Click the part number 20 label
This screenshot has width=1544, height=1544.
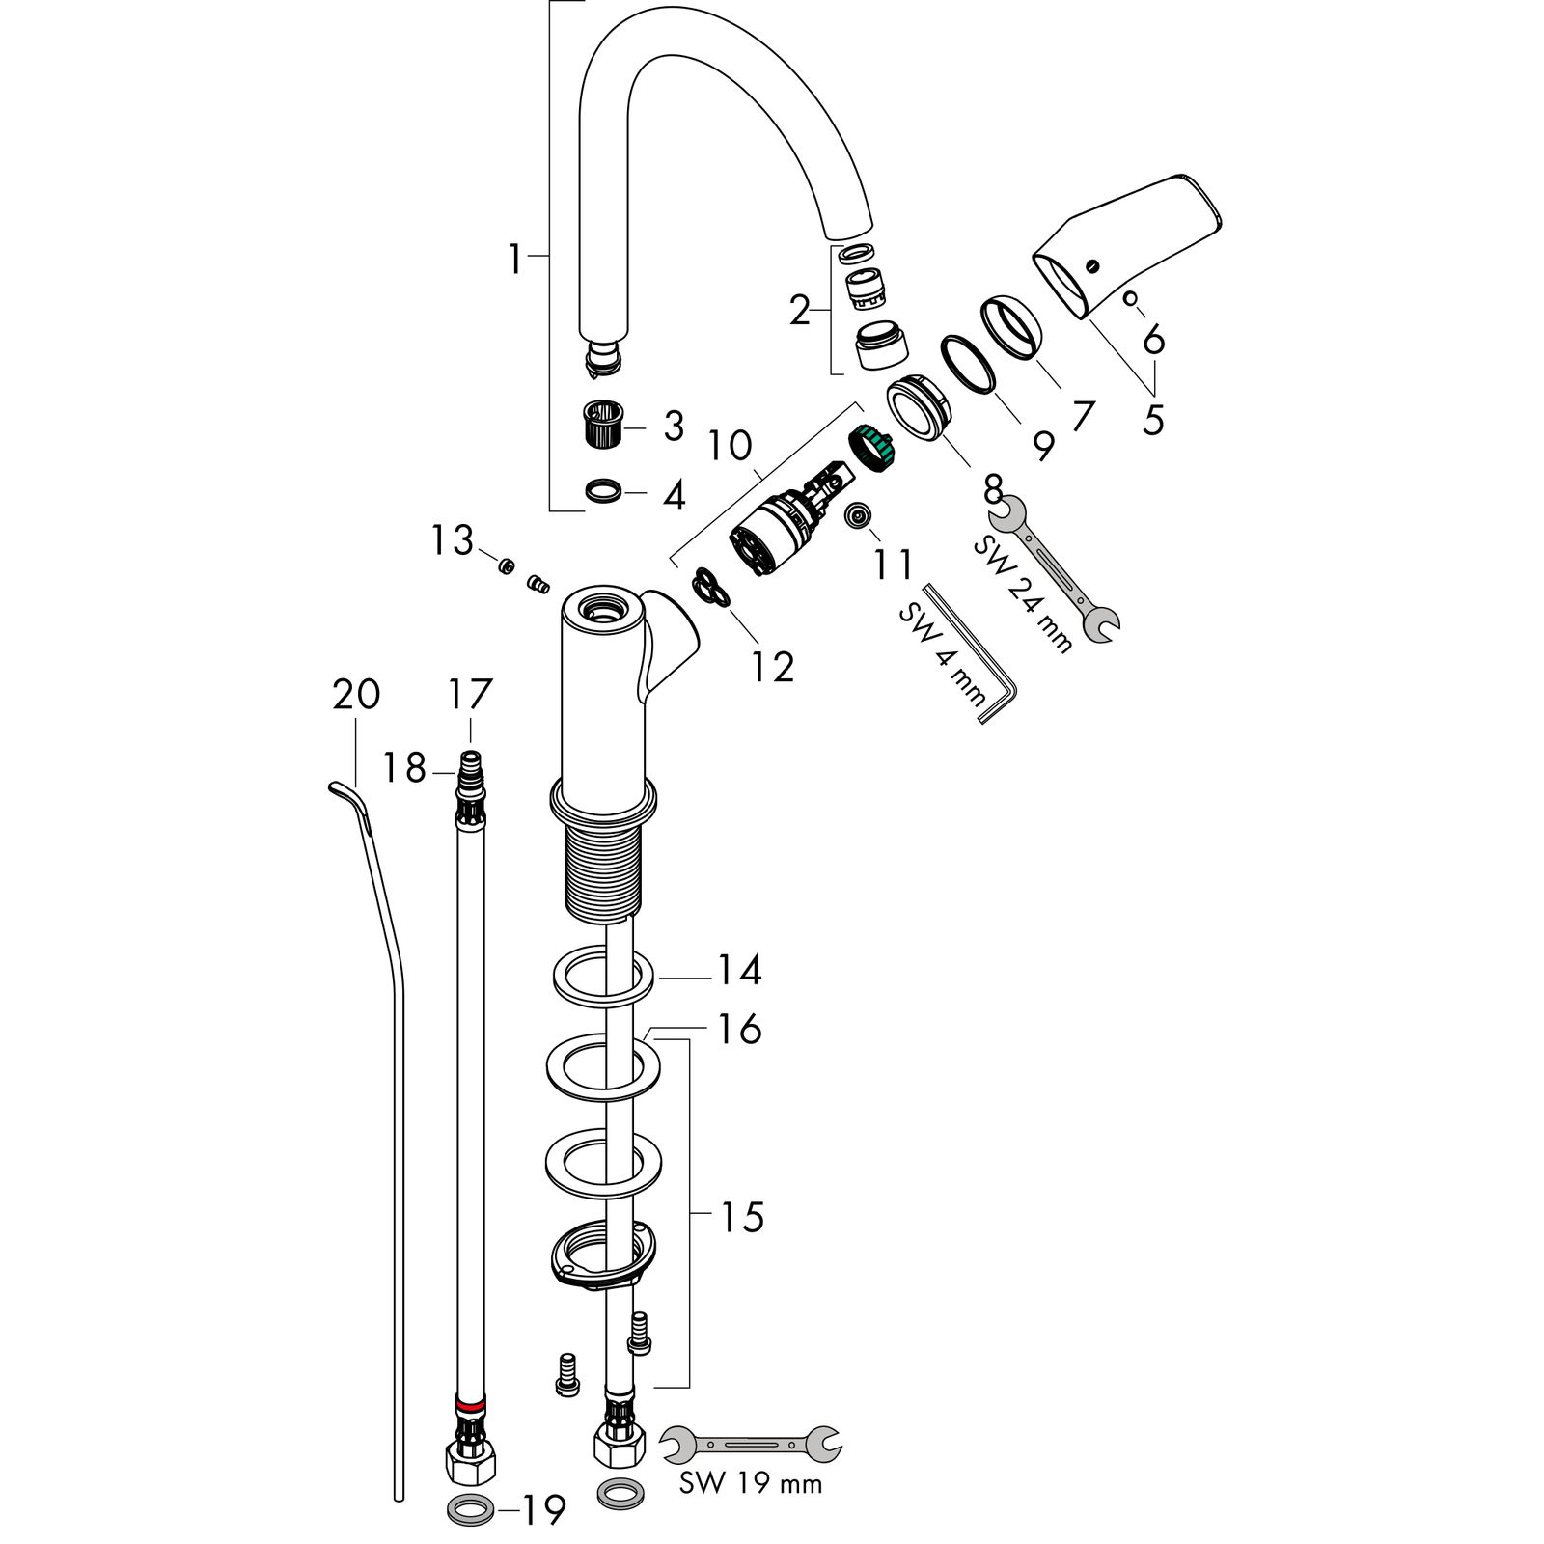[356, 695]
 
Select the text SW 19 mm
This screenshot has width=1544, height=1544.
[751, 1483]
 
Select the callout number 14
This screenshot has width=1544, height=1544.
[738, 970]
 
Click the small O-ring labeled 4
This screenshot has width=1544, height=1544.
[603, 492]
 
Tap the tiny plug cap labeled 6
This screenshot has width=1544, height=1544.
[1130, 299]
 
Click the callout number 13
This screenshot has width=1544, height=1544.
[453, 540]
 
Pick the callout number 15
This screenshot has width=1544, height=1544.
[741, 1217]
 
